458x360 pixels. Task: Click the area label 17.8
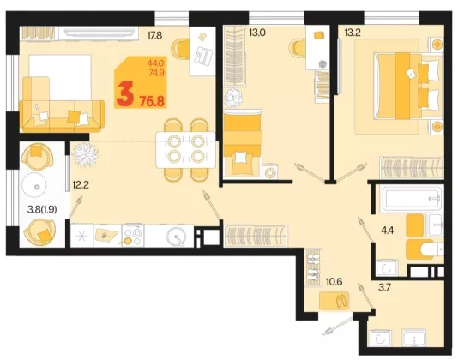(154, 36)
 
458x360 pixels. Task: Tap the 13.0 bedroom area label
(257, 33)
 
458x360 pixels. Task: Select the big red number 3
(125, 93)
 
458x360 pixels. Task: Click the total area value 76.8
(152, 101)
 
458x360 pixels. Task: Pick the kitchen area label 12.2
(81, 185)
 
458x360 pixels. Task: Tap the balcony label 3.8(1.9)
(42, 209)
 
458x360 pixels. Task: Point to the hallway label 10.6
(334, 282)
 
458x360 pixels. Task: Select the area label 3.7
(384, 288)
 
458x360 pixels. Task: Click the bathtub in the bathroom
(411, 199)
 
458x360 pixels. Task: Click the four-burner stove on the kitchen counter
(133, 236)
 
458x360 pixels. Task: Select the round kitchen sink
(176, 236)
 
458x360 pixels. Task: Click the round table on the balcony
(34, 186)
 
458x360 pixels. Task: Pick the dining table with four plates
(186, 150)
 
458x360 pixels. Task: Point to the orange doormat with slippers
(334, 300)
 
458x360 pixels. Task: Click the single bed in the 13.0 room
(243, 143)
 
